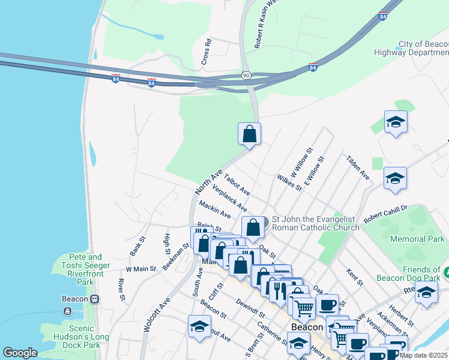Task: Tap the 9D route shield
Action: pyautogui.click(x=246, y=76)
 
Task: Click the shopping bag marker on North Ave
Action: pyautogui.click(x=250, y=134)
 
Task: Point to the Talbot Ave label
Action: pyautogui.click(x=237, y=184)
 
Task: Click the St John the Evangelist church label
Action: pyautogui.click(x=316, y=223)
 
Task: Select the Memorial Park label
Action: pyautogui.click(x=418, y=239)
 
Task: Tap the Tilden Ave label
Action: pyautogui.click(x=357, y=167)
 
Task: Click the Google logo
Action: pyautogui.click(x=20, y=353)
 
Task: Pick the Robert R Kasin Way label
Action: pyautogui.click(x=260, y=24)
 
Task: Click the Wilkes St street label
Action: pyautogui.click(x=289, y=183)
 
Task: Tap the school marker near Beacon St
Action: pyautogui.click(x=199, y=326)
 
